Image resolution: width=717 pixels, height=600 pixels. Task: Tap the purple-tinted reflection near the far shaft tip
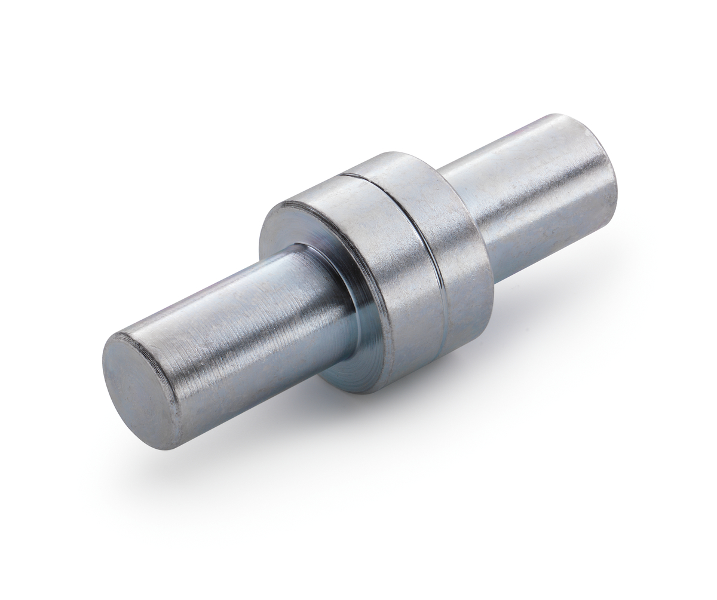click(x=538, y=128)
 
